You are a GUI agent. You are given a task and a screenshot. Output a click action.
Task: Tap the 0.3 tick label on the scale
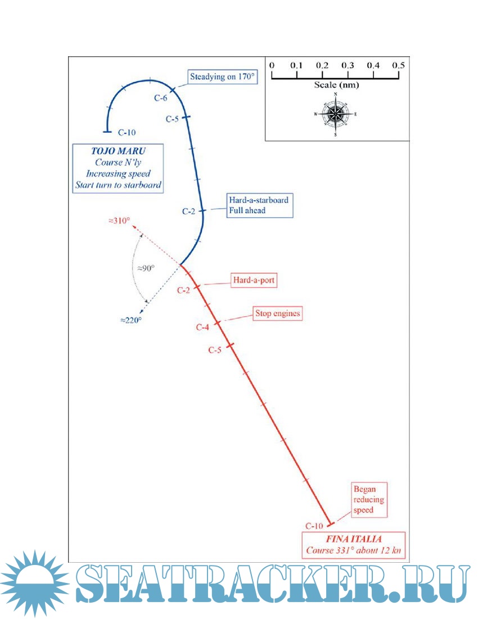click(x=348, y=66)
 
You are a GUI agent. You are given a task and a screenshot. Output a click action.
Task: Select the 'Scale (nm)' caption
click(x=336, y=85)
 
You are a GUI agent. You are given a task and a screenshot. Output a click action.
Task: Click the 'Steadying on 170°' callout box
click(x=222, y=77)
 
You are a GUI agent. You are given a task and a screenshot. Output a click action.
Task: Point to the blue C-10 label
click(x=127, y=133)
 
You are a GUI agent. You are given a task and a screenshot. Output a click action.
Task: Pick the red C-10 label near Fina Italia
click(x=314, y=526)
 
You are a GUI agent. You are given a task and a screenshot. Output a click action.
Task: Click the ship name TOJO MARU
click(x=118, y=151)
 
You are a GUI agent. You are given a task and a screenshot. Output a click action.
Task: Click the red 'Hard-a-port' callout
click(x=255, y=280)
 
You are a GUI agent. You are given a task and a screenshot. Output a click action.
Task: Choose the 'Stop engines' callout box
click(x=277, y=313)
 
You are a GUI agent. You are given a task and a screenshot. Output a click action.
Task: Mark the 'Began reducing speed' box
click(x=369, y=500)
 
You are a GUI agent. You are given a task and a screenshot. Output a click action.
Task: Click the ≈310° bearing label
click(x=120, y=221)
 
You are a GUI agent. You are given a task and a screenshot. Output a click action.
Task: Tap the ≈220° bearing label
click(x=130, y=320)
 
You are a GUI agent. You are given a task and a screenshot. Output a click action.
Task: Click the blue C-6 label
click(x=161, y=97)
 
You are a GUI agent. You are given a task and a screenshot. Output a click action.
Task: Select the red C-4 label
click(x=203, y=327)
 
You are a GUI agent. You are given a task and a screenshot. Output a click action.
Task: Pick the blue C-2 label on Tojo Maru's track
click(x=190, y=211)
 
